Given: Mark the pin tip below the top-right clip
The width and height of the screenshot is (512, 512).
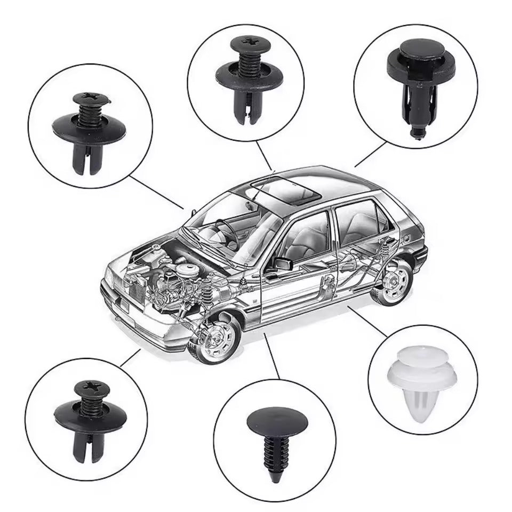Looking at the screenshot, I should (415, 132).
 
